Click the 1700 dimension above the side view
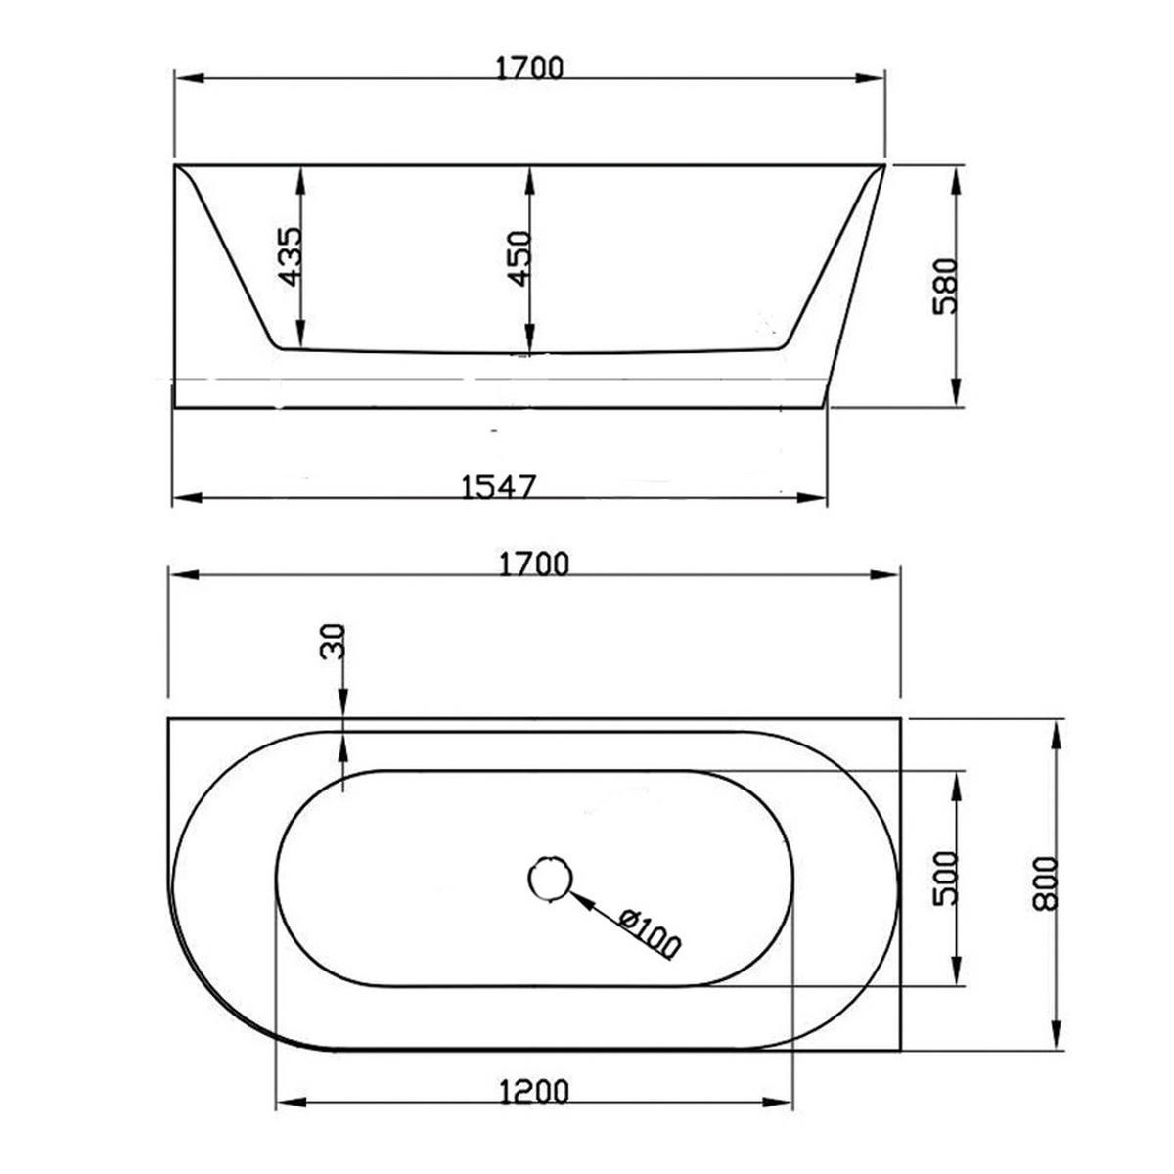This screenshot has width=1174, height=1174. point(529,68)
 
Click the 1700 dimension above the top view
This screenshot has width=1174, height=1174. point(534,564)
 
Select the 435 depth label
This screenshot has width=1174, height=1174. point(289,256)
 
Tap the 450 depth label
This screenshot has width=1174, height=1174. point(519,258)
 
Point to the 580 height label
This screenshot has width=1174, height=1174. point(945,286)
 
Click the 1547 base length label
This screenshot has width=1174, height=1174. point(498,487)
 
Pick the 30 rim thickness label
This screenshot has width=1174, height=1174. point(332,641)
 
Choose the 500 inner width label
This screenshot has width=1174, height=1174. point(945,878)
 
